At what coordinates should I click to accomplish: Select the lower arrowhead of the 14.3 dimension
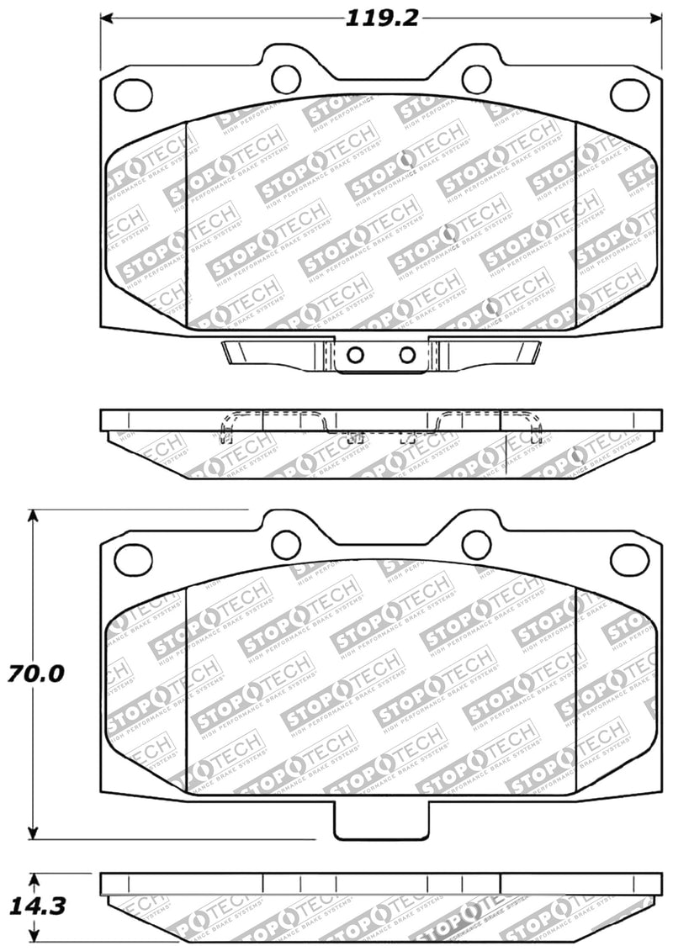coord(34,935)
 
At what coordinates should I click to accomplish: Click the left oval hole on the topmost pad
coord(133,94)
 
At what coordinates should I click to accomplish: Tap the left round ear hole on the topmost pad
coord(285,79)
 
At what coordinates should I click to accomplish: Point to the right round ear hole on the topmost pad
coord(476,79)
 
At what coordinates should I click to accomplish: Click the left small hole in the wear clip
coord(355,354)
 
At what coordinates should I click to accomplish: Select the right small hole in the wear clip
coord(407,354)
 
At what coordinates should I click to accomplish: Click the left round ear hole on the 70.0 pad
coord(285,544)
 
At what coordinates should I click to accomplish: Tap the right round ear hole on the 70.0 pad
coord(476,544)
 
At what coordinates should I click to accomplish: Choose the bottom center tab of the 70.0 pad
coord(381,821)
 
